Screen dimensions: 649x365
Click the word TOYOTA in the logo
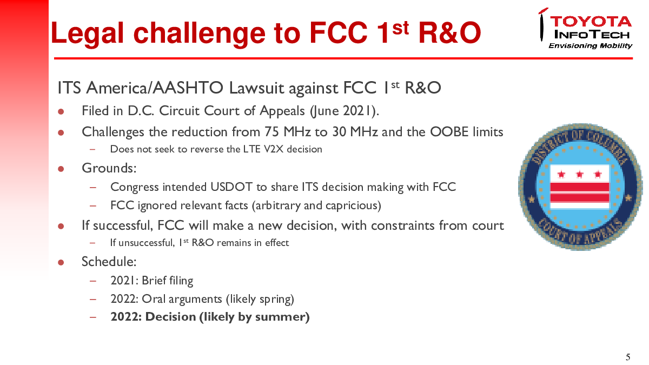click(x=591, y=22)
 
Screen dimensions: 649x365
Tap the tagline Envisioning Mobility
click(x=590, y=46)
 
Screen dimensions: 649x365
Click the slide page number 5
click(x=628, y=357)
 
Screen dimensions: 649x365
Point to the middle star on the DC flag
click(x=579, y=174)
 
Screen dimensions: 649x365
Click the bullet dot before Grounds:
click(x=61, y=169)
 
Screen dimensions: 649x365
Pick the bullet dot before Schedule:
click(x=61, y=262)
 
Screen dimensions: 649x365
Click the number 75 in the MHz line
click(x=271, y=132)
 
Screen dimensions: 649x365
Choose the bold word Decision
click(x=170, y=317)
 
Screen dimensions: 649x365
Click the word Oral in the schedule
click(x=154, y=298)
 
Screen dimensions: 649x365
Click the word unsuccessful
click(x=147, y=243)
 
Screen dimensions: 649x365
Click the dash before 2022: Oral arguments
click(x=92, y=299)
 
